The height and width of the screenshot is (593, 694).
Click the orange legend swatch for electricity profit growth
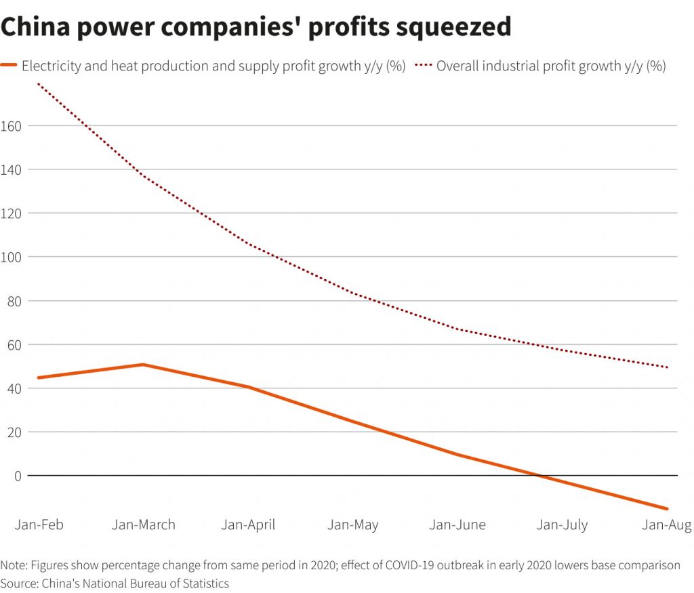(9, 66)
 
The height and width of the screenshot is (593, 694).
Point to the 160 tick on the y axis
(11, 126)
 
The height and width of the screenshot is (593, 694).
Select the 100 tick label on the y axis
(11, 258)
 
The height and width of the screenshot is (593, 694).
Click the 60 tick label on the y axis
(14, 345)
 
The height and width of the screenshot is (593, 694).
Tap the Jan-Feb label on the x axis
(39, 525)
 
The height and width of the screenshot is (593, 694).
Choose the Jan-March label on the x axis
(144, 525)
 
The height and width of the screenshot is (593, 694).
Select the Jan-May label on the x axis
(352, 525)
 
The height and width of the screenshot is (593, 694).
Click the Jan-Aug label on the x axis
(667, 525)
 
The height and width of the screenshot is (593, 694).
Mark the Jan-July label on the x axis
(562, 525)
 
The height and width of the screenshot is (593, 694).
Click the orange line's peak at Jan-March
(144, 365)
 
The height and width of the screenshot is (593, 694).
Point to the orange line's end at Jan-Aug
(667, 508)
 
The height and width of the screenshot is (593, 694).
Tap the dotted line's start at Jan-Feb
(39, 84)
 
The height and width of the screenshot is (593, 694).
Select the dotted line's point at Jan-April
(248, 243)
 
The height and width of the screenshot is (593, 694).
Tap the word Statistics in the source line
(203, 583)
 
